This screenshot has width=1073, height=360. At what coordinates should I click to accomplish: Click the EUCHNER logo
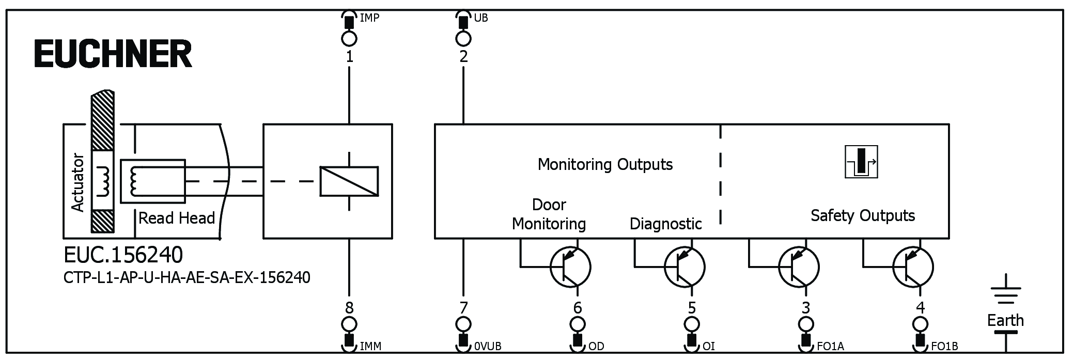coord(113,54)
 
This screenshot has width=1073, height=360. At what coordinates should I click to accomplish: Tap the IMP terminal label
coord(369,18)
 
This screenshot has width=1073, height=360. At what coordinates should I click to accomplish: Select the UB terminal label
coord(480,18)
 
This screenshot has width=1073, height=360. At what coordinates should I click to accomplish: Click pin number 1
coord(350,56)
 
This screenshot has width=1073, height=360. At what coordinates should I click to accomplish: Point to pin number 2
coord(463,56)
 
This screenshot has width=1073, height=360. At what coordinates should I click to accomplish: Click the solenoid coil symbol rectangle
coord(349,181)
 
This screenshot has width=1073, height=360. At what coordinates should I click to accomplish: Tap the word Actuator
coord(77,182)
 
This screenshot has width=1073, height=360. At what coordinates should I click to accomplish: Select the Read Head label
coord(177,218)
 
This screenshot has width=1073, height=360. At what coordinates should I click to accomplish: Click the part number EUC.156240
coord(123,255)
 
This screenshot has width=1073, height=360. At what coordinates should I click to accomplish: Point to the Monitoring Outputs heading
coord(605,164)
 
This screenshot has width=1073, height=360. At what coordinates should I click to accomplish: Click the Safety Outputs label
coord(862,215)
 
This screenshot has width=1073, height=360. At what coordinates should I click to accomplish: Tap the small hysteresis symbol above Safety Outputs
coord(861,162)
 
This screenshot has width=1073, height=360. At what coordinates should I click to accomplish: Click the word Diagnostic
coord(665,224)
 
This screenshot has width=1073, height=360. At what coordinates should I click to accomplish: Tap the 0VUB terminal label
coord(488,346)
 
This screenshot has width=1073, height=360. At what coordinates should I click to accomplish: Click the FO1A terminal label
coord(830,346)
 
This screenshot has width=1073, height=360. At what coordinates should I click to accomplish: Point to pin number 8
coord(350,308)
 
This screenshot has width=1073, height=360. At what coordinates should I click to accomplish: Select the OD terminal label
coord(596,346)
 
